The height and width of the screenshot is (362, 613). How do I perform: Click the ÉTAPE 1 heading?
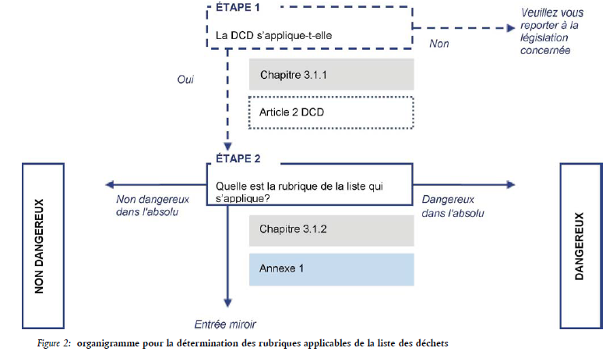(238, 8)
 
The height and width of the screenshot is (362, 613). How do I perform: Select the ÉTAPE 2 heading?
(238, 158)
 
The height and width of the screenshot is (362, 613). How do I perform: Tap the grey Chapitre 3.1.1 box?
(332, 74)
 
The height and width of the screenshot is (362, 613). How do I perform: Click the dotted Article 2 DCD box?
(331, 112)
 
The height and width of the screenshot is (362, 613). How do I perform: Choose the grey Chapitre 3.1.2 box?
(332, 230)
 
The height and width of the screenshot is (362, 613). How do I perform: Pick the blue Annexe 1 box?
(332, 269)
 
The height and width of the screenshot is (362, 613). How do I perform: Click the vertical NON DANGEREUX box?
(43, 246)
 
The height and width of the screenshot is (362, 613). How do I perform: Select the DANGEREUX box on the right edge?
(581, 246)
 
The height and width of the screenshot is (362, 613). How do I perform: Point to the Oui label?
(185, 80)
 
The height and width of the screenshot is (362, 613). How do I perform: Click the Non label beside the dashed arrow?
(439, 44)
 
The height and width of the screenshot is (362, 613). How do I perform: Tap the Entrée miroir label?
(225, 325)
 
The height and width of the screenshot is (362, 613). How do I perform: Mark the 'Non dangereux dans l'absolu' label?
(153, 206)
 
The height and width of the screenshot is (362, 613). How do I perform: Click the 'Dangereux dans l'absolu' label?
(453, 207)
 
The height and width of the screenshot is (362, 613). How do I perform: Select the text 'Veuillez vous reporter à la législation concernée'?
(551, 31)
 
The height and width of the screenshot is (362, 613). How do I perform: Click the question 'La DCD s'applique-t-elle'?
(273, 36)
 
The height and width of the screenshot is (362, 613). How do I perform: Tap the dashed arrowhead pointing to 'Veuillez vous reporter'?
(511, 28)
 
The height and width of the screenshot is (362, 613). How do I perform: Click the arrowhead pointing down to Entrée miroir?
(227, 303)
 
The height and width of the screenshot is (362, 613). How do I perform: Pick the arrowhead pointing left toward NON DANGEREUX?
(110, 185)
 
